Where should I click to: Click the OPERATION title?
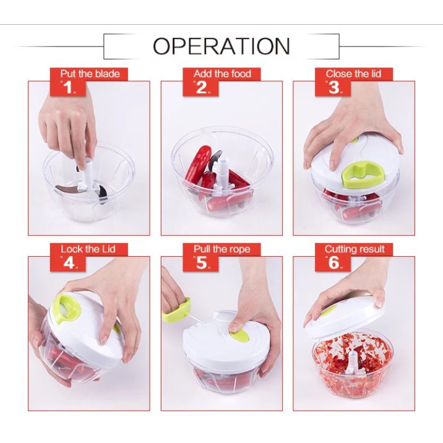(222, 46)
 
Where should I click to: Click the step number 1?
(68, 87)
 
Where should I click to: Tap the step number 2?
(201, 87)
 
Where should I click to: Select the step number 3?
(334, 87)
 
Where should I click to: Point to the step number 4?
(69, 263)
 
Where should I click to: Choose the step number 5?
(202, 263)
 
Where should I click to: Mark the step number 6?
(334, 263)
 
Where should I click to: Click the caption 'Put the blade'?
(90, 74)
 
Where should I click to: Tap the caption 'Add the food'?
(222, 74)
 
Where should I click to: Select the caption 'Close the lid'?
(353, 74)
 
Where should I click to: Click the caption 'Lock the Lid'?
(88, 249)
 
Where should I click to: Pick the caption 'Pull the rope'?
(222, 249)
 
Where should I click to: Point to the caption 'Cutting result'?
(355, 249)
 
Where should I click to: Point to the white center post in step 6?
(353, 363)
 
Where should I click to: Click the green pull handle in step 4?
(67, 309)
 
